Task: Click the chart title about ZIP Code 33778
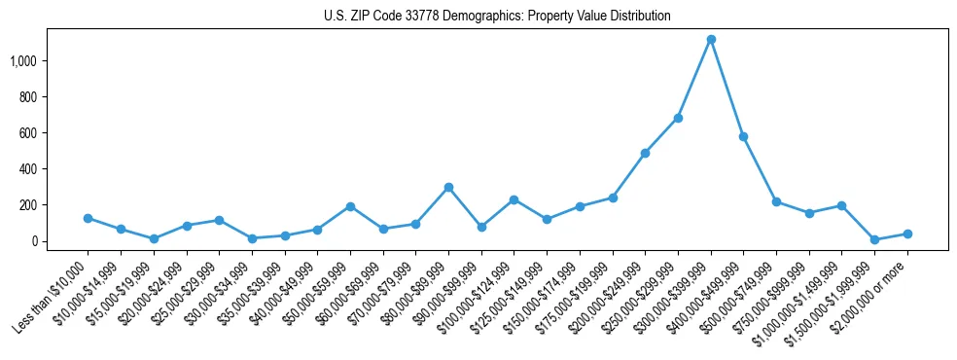[497, 17]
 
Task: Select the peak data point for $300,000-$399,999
[711, 40]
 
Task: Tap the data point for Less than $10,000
[88, 218]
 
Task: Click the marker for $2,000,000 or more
[907, 234]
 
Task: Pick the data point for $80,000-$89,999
[448, 187]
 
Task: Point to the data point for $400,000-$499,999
[744, 136]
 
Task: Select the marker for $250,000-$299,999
[678, 118]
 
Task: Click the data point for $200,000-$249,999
[645, 153]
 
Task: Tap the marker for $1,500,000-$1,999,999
[874, 239]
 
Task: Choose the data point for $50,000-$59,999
[350, 206]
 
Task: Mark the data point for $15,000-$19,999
[154, 238]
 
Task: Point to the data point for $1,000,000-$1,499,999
[842, 205]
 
